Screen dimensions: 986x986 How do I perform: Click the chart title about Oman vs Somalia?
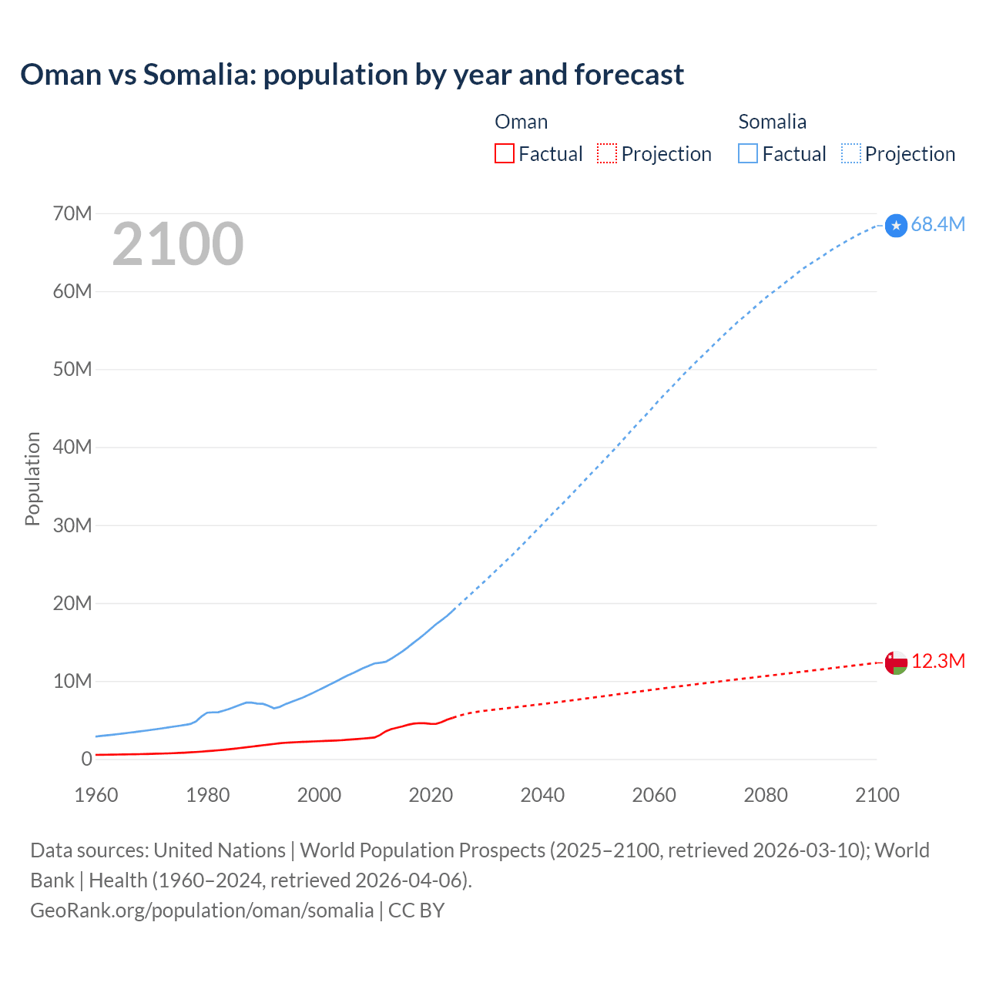coord(352,75)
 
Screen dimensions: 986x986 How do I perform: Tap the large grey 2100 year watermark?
coord(178,244)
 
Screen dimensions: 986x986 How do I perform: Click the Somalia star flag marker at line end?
coord(896,225)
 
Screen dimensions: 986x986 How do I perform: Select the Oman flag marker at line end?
coord(896,662)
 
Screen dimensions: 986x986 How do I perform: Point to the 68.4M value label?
coord(937,224)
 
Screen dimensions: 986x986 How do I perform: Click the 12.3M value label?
coord(938,662)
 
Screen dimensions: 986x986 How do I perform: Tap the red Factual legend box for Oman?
coord(505,153)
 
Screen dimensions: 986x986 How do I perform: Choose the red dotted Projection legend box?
coord(607,153)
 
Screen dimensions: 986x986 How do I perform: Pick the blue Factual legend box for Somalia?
coord(748,153)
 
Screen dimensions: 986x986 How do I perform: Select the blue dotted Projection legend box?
coord(850,153)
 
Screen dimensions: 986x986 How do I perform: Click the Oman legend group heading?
coord(522,122)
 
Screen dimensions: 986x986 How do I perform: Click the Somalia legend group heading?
coord(772,122)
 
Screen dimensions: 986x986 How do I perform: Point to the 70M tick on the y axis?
coord(72,213)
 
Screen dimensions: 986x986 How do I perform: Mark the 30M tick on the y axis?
coord(72,525)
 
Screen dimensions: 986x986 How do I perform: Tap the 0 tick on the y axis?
coord(86,759)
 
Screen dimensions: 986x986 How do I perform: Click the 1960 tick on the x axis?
coord(96,795)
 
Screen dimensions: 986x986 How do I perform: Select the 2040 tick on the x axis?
coord(542,795)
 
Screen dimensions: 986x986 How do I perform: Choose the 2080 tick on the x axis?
coord(766,795)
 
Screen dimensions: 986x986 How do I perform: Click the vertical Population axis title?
coord(32,478)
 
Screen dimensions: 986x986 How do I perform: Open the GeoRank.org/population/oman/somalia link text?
coord(202,911)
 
